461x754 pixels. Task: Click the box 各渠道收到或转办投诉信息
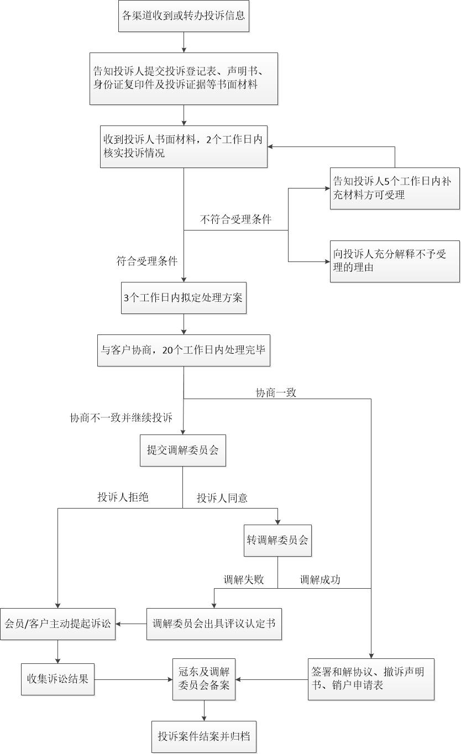pos(184,16)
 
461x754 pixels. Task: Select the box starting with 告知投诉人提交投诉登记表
pos(184,78)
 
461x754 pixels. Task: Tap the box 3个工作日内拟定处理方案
pos(184,298)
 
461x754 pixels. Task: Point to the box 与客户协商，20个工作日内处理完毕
pos(184,350)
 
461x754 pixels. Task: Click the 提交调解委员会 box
pos(183,451)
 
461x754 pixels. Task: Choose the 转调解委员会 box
pos(277,541)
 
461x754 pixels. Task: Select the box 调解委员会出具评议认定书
pos(214,624)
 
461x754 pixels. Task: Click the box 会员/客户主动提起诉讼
pos(57,624)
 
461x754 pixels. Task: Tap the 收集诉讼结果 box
pos(57,679)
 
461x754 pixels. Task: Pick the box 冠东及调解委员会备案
pos(204,679)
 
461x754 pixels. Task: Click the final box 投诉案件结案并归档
pos(204,737)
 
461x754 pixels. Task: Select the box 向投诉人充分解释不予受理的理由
pos(395,261)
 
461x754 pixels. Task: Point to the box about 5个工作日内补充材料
pos(395,188)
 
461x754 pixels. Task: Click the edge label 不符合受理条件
pos(235,219)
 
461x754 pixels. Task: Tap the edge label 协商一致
pos(276,393)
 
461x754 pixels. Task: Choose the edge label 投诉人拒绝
pos(123,497)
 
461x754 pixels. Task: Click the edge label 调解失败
pos(244,580)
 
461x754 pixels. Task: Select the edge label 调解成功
pos(320,580)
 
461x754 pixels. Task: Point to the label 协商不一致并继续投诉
pos(121,418)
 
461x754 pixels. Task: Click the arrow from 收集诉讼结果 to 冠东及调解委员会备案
pos(134,679)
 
